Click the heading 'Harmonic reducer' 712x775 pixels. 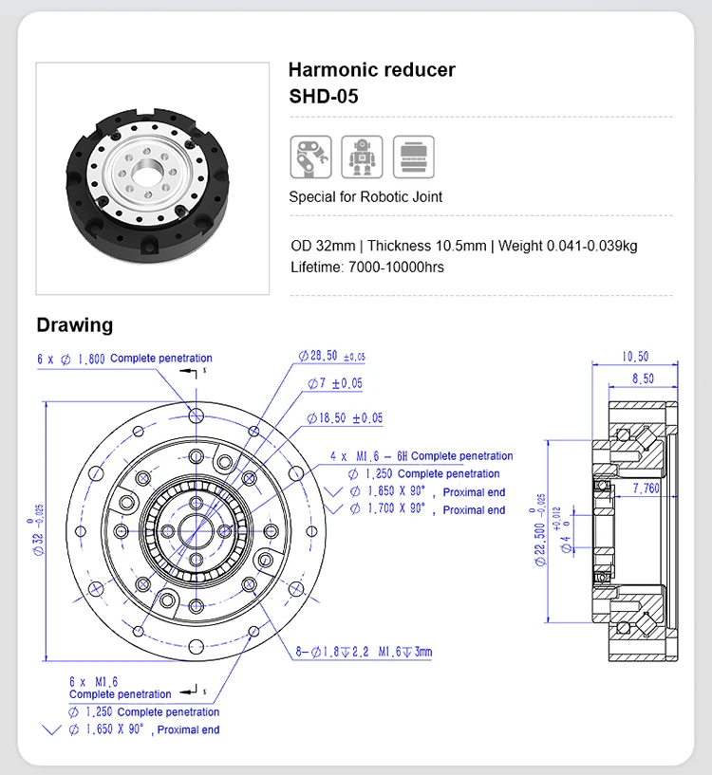(371, 69)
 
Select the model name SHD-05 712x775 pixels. (323, 97)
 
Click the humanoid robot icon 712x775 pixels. (362, 157)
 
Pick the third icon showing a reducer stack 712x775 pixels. (413, 157)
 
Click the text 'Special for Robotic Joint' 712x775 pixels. (365, 197)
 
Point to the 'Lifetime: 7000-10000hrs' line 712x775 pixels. (366, 267)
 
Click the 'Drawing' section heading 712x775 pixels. (74, 325)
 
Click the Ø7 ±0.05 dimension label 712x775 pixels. (335, 383)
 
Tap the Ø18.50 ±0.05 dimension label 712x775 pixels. (345, 417)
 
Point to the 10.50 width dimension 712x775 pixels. (634, 357)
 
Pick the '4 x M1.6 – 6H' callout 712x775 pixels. (368, 456)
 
